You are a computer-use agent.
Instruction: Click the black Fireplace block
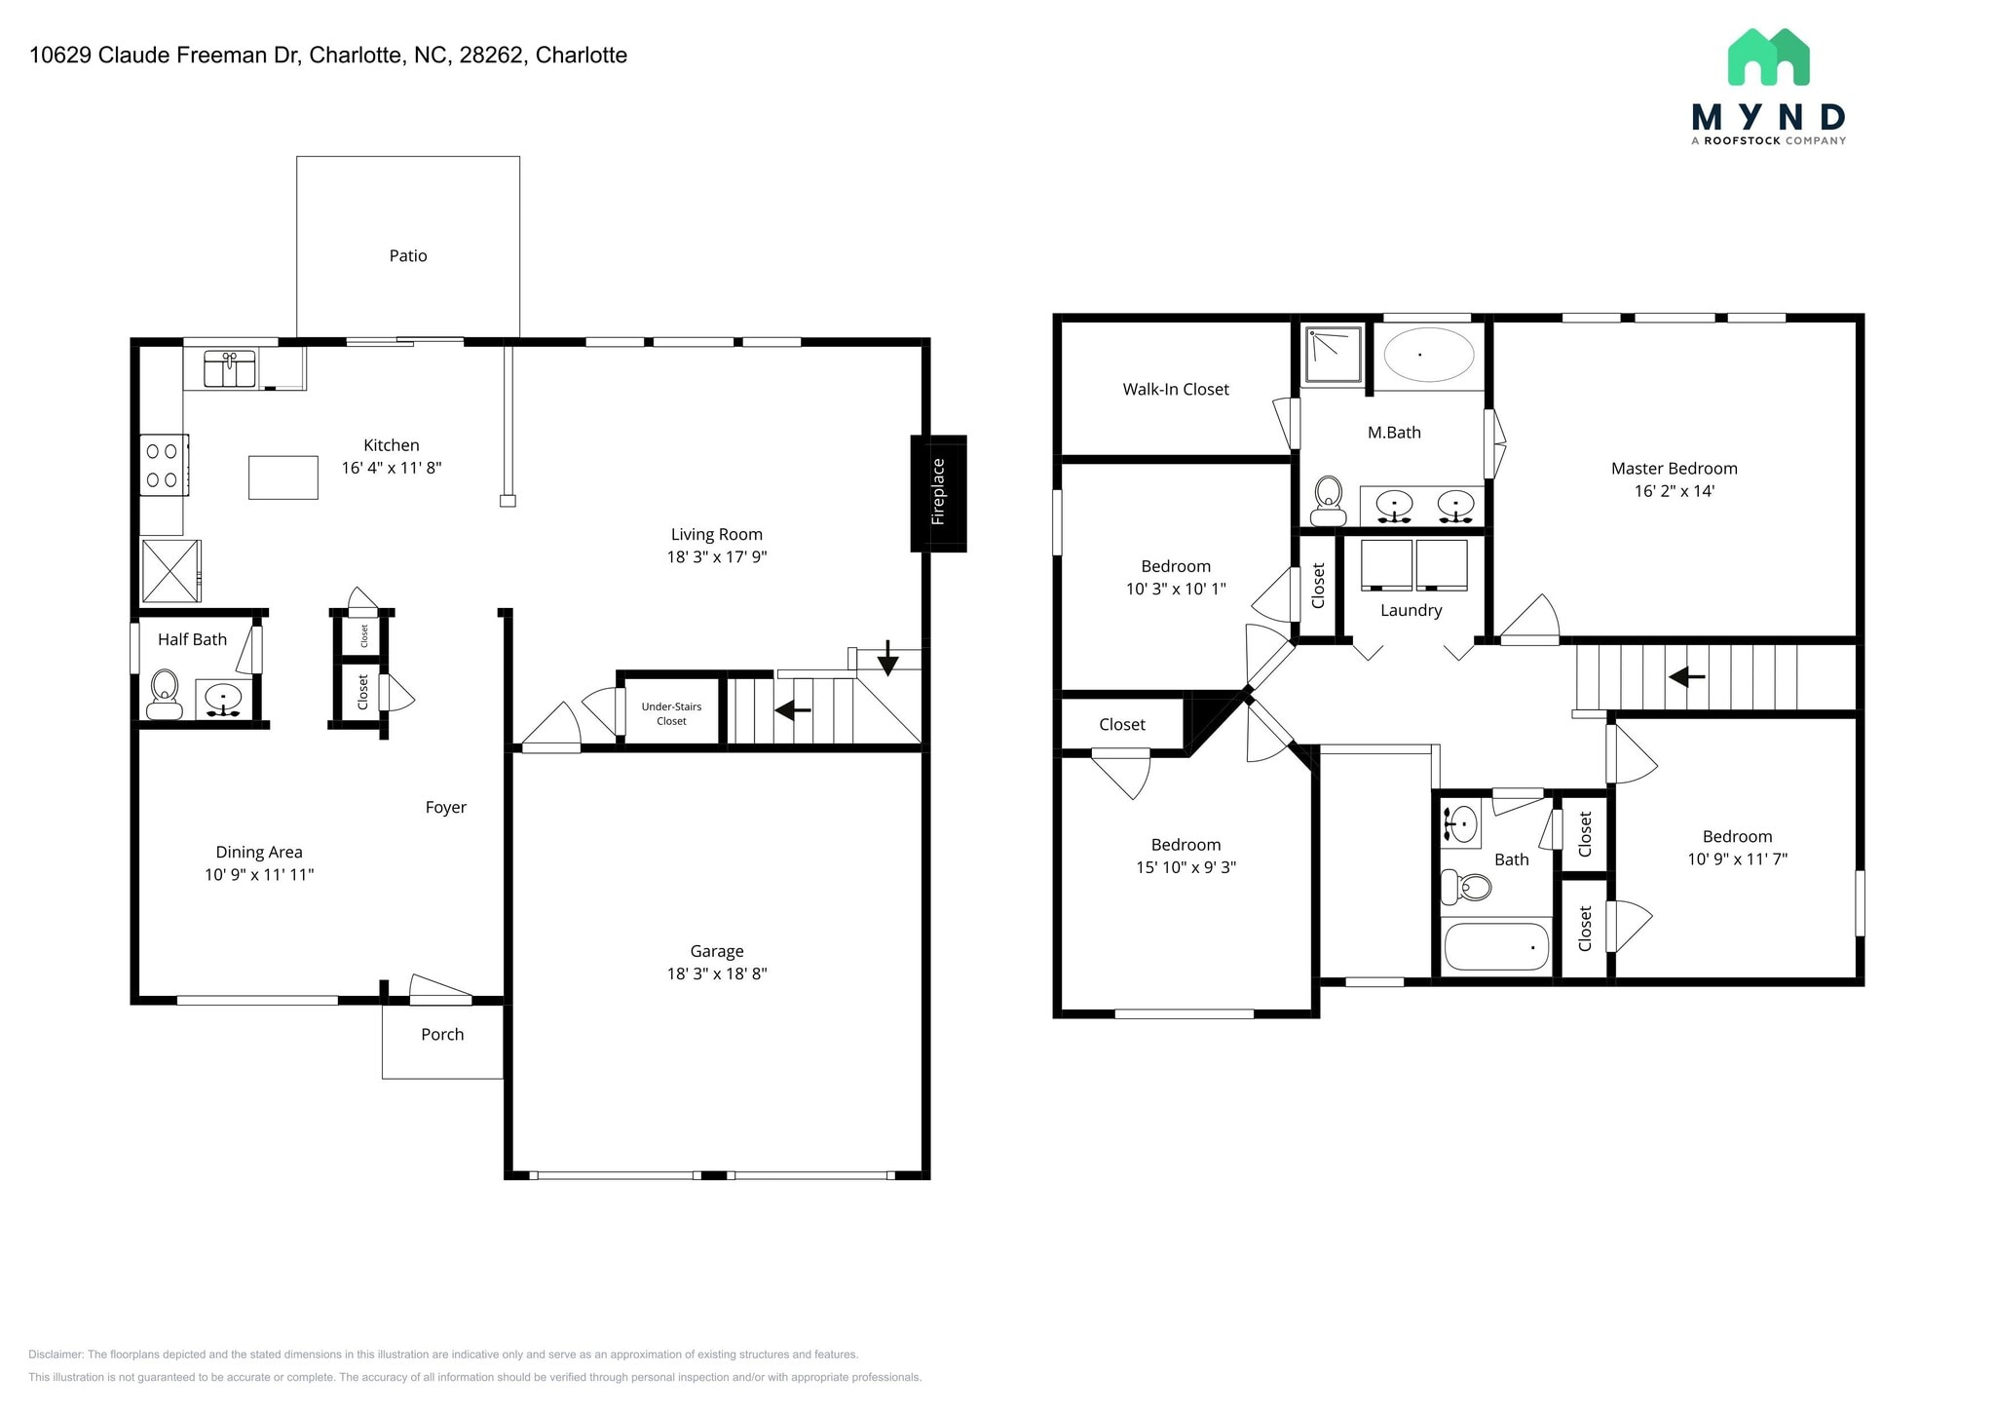(x=938, y=493)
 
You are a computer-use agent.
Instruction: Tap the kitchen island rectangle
(x=282, y=477)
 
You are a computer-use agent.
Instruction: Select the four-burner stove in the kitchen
(x=163, y=465)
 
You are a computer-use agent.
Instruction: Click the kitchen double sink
(x=229, y=370)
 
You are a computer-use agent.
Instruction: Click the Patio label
(x=408, y=255)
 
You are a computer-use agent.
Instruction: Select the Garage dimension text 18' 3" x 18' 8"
(x=717, y=973)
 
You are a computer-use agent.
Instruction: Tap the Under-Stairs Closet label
(x=671, y=713)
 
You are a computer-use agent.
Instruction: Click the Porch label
(x=442, y=1035)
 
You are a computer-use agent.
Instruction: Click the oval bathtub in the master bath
(x=1429, y=355)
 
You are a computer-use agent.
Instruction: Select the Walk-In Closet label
(x=1176, y=389)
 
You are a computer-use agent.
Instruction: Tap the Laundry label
(x=1411, y=610)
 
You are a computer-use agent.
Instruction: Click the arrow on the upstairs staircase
(x=1686, y=675)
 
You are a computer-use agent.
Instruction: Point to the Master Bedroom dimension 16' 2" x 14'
(x=1674, y=491)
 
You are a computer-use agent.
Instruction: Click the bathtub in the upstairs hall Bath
(x=1495, y=946)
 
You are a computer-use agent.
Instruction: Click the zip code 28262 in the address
(x=492, y=56)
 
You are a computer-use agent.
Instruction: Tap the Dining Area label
(x=259, y=852)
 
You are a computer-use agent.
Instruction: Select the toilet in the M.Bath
(x=1328, y=500)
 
